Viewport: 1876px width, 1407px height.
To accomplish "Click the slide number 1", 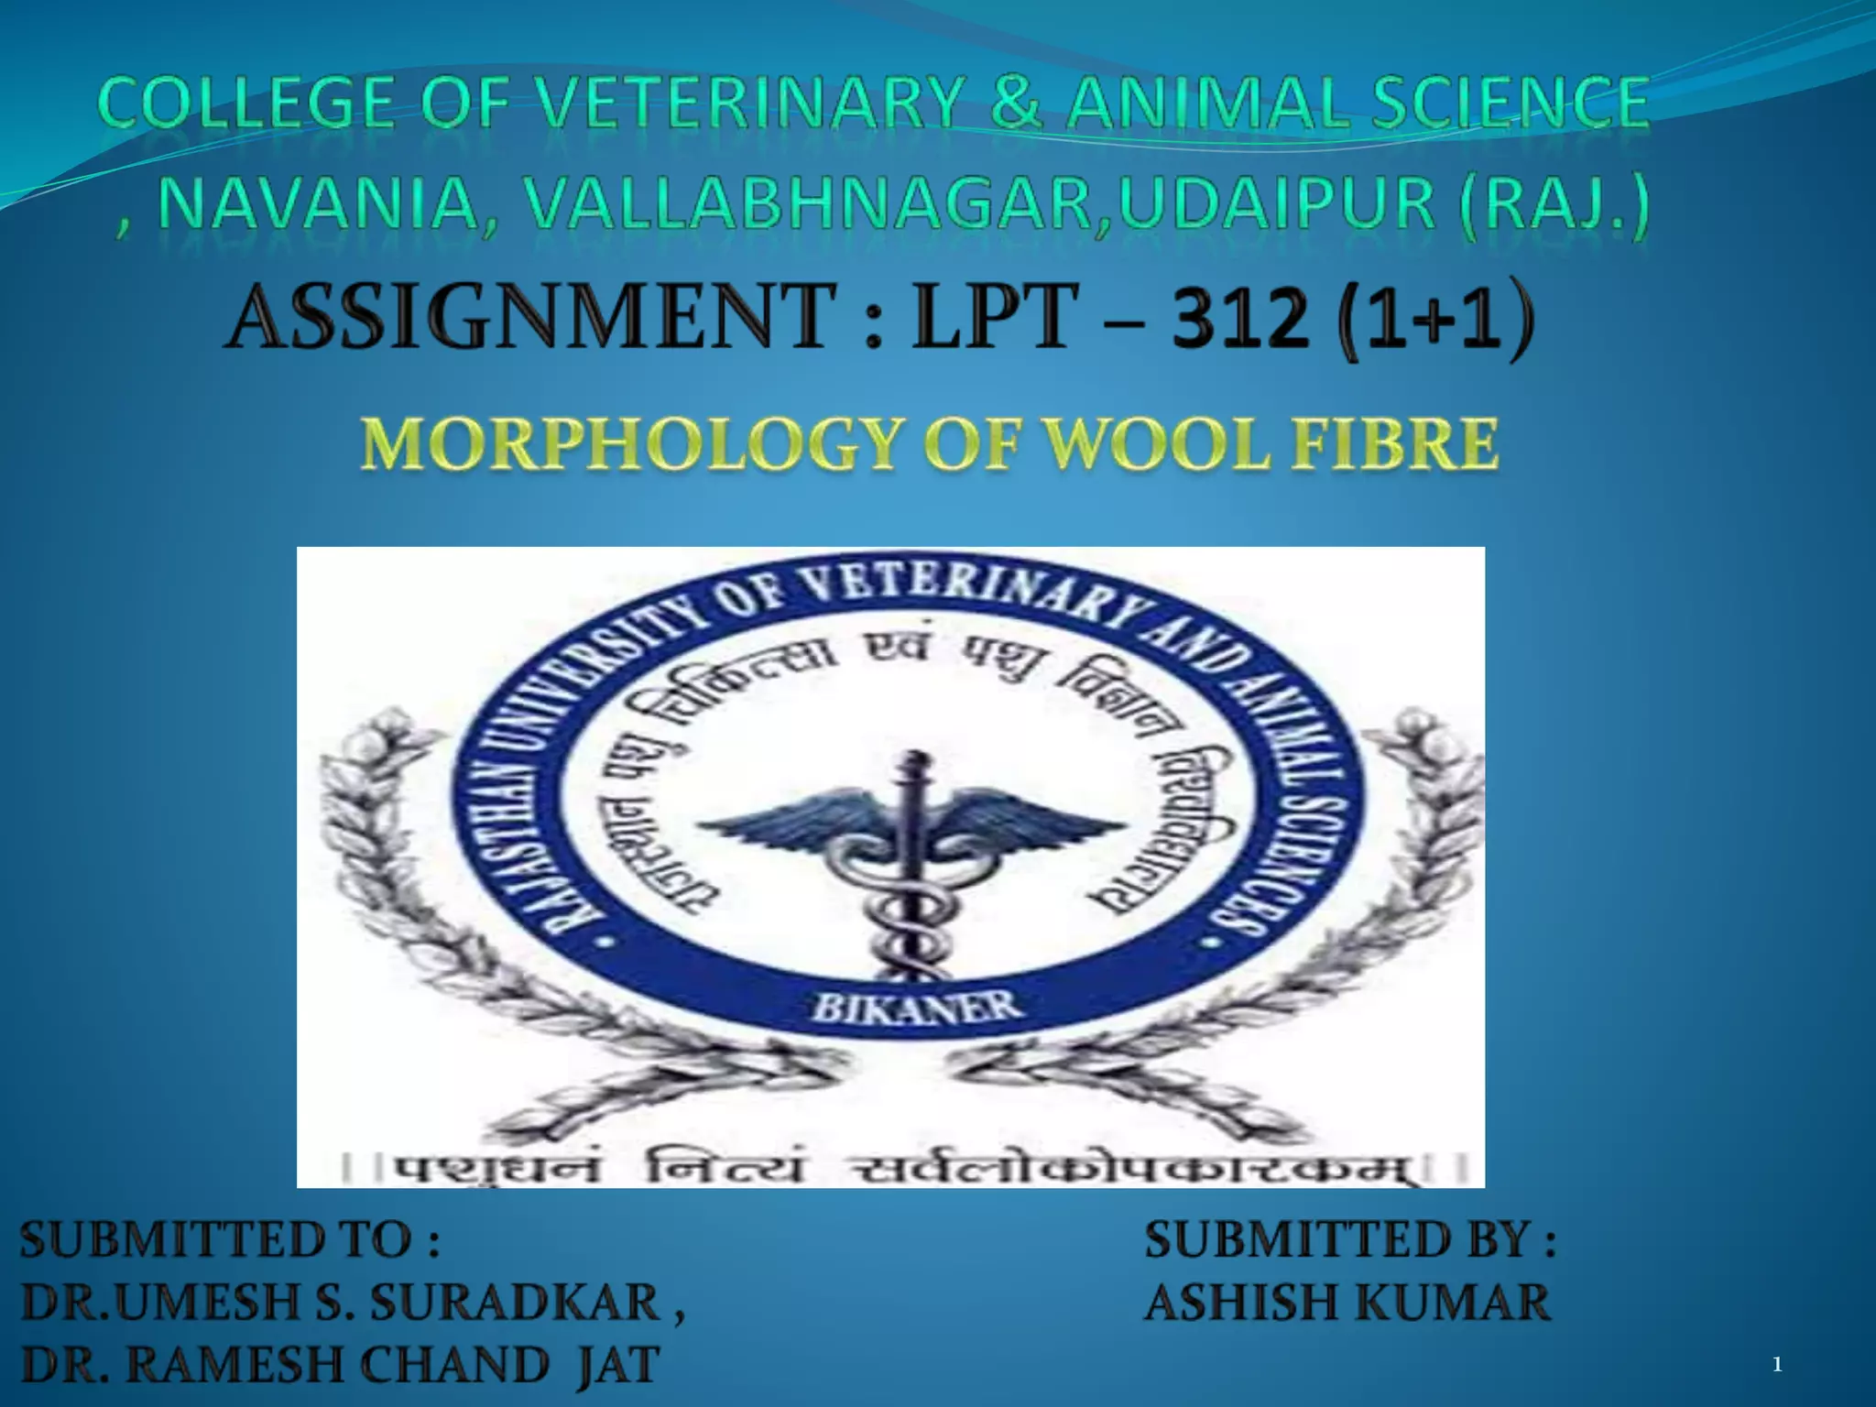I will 1777,1366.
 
